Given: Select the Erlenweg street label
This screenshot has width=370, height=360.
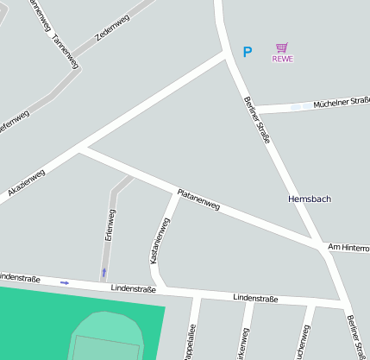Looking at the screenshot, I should point(110,224).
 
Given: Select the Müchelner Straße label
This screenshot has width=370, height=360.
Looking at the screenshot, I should point(342,102).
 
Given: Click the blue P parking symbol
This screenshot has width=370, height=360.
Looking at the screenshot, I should point(248,53).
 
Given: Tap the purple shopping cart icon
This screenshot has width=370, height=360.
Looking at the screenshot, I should point(282,47).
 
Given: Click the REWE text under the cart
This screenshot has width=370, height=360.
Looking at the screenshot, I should point(282,59).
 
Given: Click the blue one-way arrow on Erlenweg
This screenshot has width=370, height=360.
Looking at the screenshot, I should point(104,272).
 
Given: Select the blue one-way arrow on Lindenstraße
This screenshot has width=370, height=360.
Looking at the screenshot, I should point(65,282).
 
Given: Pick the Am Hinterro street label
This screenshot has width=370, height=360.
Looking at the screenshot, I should point(348,248).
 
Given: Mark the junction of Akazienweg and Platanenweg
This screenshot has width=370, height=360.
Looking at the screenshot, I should point(81,149).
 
